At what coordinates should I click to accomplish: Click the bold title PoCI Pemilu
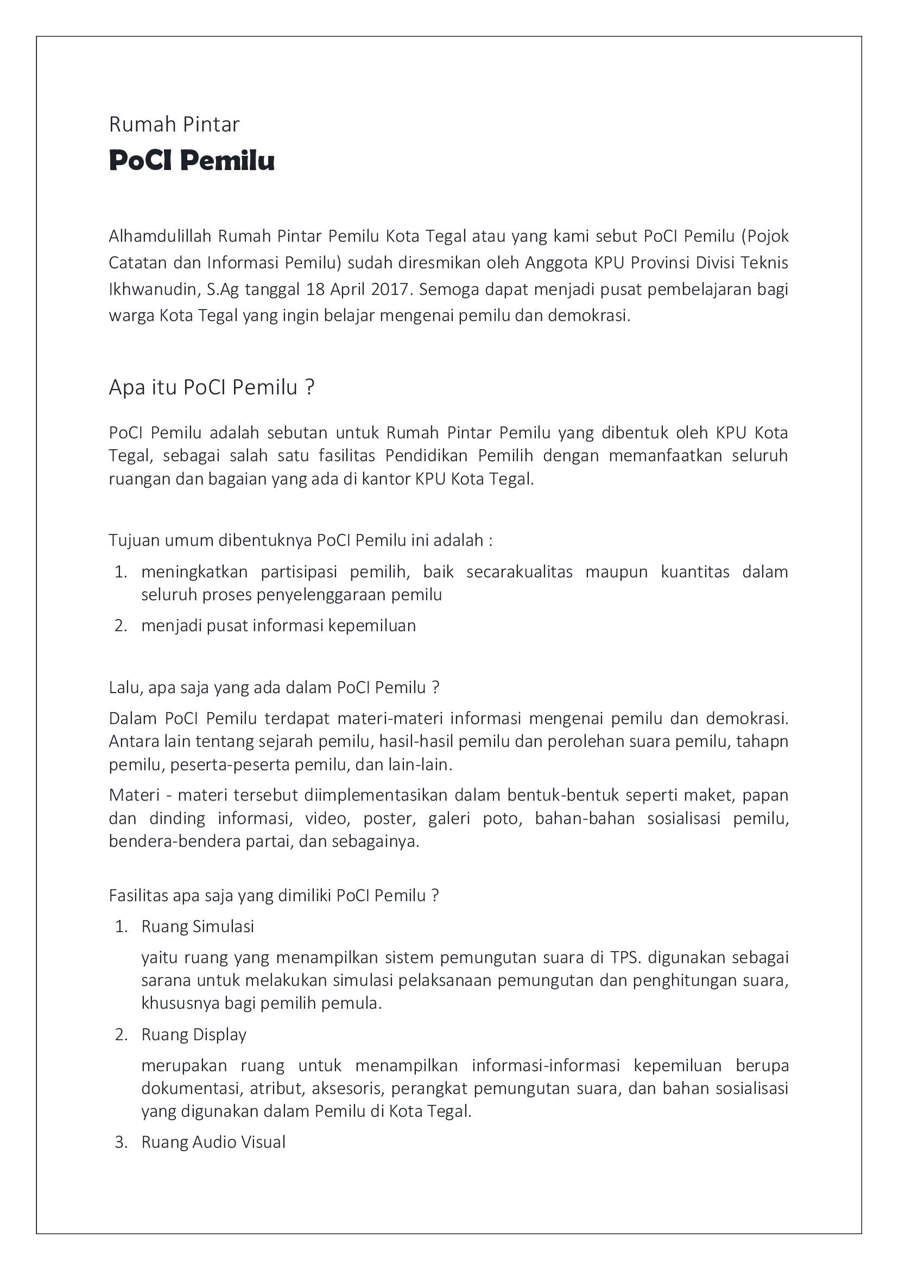point(191,160)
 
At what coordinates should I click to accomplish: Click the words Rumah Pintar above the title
point(174,124)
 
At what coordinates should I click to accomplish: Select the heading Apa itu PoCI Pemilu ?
point(211,387)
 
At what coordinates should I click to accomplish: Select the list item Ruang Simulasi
point(198,927)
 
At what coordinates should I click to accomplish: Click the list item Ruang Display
point(193,1034)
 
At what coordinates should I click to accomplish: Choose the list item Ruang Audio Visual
point(213,1142)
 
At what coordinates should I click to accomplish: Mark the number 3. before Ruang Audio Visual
point(121,1142)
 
